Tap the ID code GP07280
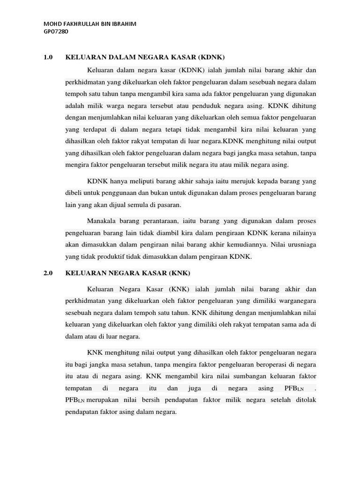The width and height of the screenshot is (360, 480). [x=56, y=32]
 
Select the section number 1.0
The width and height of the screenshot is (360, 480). [x=48, y=58]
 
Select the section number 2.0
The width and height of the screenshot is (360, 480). [x=48, y=273]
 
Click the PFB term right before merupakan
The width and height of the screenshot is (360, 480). [x=75, y=400]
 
